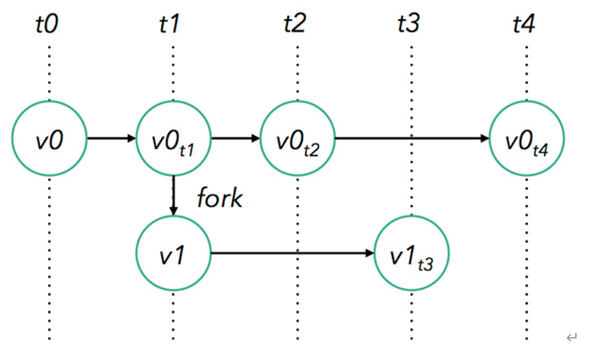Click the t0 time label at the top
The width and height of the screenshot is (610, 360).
click(47, 25)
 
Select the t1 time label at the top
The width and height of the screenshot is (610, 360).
click(171, 25)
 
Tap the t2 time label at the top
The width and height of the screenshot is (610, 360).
click(294, 25)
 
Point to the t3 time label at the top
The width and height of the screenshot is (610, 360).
click(408, 25)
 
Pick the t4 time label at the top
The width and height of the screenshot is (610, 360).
click(524, 25)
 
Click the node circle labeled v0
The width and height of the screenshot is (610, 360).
click(49, 138)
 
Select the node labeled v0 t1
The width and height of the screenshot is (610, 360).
click(173, 138)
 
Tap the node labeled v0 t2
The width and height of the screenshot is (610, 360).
click(297, 138)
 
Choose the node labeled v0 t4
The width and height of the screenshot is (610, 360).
click(527, 138)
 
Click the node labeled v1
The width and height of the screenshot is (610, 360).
click(173, 254)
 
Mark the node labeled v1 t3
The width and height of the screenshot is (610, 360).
click(412, 254)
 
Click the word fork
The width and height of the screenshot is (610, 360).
click(219, 198)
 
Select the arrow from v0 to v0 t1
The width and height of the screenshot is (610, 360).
click(111, 138)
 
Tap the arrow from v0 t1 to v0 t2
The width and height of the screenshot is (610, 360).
click(235, 138)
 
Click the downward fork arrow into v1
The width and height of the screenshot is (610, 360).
click(173, 196)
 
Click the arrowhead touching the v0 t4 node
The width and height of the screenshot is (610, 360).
click(485, 138)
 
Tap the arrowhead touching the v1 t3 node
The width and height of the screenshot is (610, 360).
click(370, 254)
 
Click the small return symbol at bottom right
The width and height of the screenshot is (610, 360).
click(571, 337)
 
